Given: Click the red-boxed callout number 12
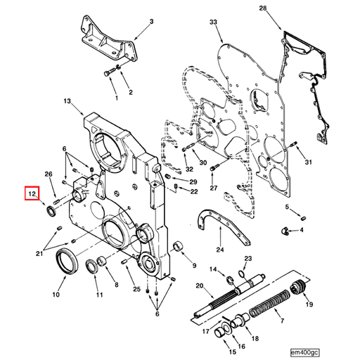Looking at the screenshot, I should pos(32,193).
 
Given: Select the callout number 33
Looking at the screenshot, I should pos(214,23).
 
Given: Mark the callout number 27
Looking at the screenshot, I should pos(214,188).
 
